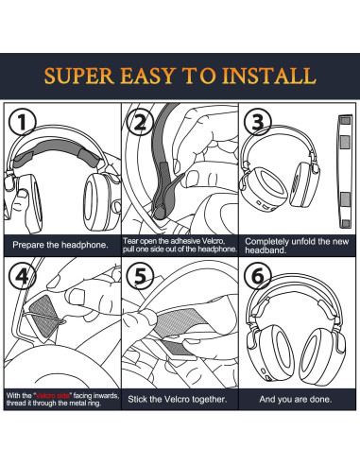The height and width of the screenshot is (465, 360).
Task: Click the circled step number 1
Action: click(23, 122)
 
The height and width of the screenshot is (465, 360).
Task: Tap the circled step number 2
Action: click(140, 122)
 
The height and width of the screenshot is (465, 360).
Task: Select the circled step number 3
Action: click(258, 122)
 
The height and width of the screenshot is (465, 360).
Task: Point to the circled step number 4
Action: click(23, 276)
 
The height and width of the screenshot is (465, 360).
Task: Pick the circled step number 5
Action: click(140, 276)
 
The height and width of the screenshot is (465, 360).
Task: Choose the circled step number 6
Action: click(258, 276)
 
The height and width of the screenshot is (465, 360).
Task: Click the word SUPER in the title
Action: click(79, 76)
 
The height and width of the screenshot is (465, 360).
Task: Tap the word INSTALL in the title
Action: click(269, 76)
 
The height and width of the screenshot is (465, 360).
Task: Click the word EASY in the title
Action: click(147, 76)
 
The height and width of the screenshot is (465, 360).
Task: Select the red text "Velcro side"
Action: click(53, 396)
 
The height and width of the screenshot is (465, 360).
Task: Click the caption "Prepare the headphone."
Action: click(60, 245)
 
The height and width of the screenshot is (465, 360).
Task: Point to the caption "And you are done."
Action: click(296, 399)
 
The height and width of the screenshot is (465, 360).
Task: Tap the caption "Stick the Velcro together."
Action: click(178, 399)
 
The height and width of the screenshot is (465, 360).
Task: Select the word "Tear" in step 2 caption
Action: click(129, 241)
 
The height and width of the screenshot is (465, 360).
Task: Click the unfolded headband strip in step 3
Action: click(345, 171)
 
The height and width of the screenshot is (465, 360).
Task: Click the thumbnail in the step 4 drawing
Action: click(76, 297)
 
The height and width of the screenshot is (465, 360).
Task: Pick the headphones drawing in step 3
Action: click(281, 168)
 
